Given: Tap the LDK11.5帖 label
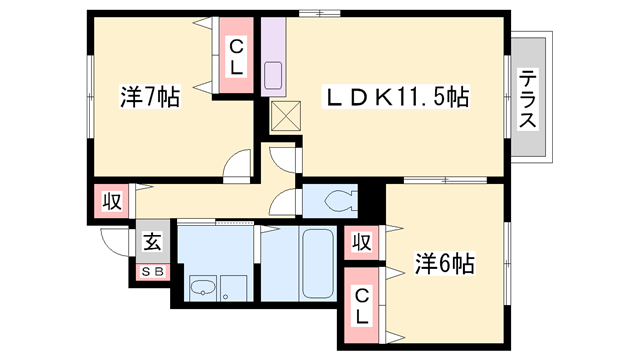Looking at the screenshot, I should click(395, 97).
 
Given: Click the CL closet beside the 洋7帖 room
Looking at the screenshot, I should click(236, 56).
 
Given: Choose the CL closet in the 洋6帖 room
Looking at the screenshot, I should click(363, 303).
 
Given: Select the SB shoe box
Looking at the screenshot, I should click(152, 270).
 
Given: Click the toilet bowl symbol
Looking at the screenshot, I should click(335, 200).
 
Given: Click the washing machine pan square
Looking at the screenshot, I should click(234, 288).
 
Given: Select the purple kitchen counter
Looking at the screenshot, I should click(273, 60).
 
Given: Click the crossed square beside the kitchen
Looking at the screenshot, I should click(284, 118).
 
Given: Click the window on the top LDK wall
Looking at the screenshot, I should click(320, 14).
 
